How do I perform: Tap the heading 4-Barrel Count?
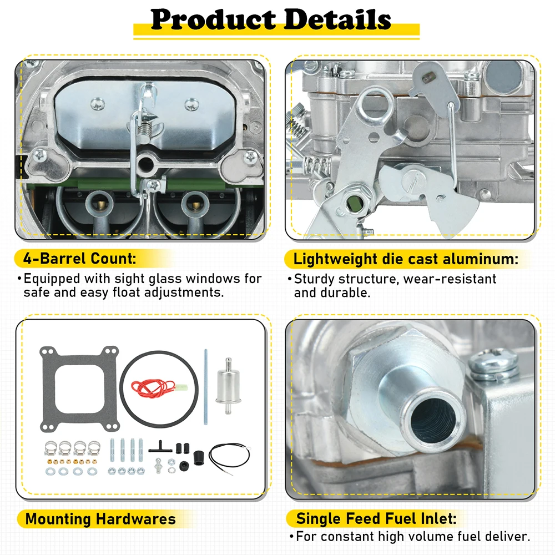pyautogui.click(x=79, y=259)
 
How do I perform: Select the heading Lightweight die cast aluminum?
pyautogui.click(x=406, y=259)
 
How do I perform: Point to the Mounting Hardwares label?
pyautogui.click(x=100, y=519)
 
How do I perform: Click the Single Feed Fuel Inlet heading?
pyautogui.click(x=376, y=519)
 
